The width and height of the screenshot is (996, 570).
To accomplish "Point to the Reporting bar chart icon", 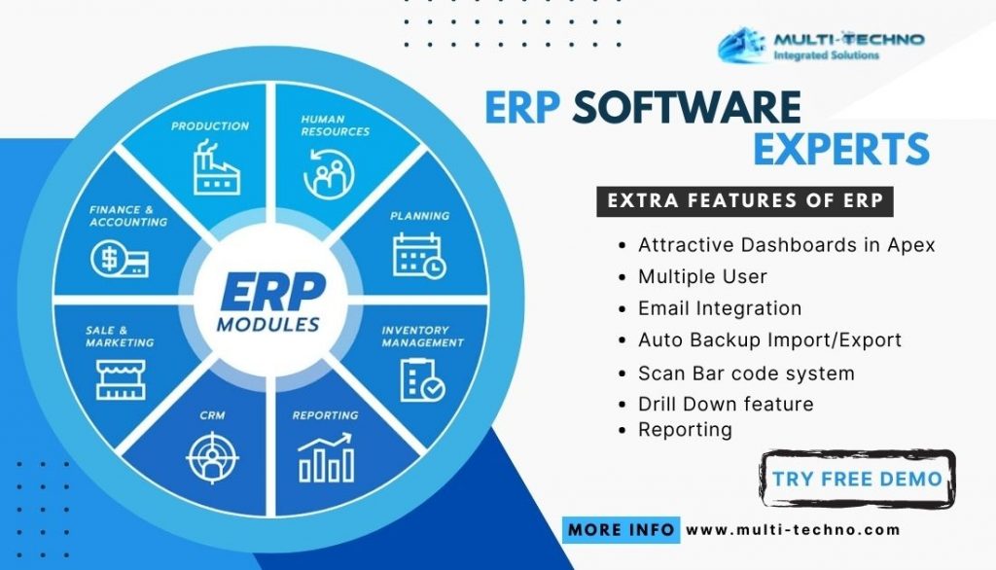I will pyautogui.click(x=325, y=457).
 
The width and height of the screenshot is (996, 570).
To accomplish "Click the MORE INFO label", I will pyautogui.click(x=622, y=529).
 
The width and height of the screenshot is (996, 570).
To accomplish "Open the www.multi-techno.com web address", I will pyautogui.click(x=793, y=530).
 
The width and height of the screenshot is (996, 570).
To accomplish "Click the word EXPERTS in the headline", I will pyautogui.click(x=840, y=149).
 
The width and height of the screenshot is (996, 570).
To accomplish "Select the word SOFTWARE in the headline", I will pyautogui.click(x=686, y=107).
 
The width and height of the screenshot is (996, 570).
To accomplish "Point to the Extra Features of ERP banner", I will pyautogui.click(x=744, y=201).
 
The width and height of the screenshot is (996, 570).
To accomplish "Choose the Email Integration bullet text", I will pyautogui.click(x=720, y=308).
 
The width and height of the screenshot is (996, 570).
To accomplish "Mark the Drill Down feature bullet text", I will pyautogui.click(x=726, y=404).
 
